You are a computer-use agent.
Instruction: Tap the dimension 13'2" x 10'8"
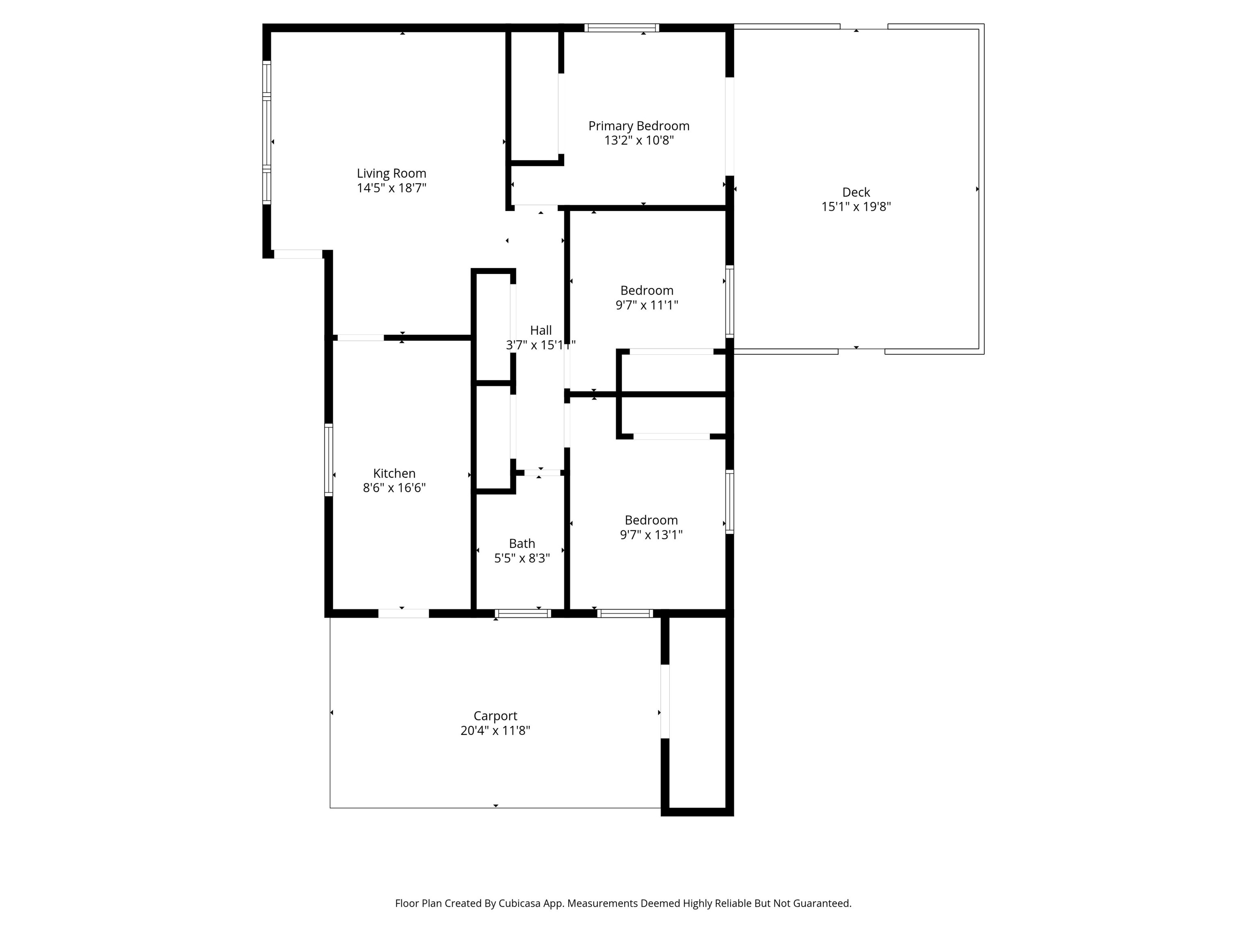click(639, 140)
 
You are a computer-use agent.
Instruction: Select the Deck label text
click(856, 192)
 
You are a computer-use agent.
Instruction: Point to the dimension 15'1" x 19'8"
click(856, 207)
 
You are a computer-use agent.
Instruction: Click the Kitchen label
click(394, 474)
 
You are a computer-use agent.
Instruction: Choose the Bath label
click(522, 543)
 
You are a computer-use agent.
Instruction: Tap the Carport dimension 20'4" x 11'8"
click(495, 730)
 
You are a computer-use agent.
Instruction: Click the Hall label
click(541, 330)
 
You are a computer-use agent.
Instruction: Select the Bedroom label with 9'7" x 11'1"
click(647, 290)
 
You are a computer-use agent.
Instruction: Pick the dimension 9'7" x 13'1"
click(651, 535)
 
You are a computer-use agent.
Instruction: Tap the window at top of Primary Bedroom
click(621, 28)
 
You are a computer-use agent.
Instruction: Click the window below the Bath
click(522, 614)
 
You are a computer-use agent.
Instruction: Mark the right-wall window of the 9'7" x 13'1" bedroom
click(729, 502)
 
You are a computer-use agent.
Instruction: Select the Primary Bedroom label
click(639, 126)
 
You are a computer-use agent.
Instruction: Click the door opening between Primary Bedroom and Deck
click(729, 126)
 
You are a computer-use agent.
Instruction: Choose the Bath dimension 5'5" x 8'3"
click(522, 558)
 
